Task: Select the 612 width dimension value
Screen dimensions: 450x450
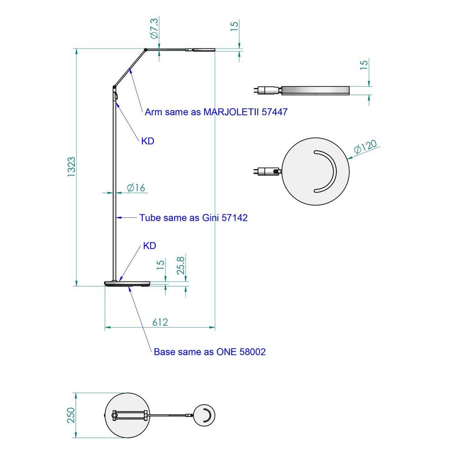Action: (x=160, y=322)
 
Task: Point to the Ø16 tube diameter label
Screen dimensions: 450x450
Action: (x=136, y=188)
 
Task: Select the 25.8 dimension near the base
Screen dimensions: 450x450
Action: (x=181, y=265)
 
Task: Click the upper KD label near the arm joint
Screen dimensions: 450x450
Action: (x=148, y=142)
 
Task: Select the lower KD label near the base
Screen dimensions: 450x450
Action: (x=149, y=246)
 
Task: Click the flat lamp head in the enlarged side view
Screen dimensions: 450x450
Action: (x=315, y=90)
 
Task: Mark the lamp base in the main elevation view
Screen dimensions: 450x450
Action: (x=128, y=284)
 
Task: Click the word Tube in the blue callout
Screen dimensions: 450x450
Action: (x=150, y=218)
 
